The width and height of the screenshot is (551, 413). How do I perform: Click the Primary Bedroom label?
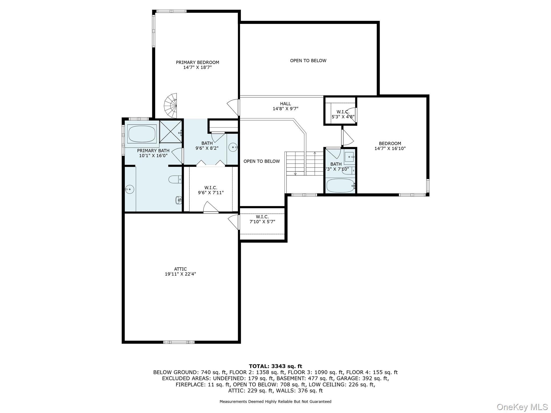[197, 65]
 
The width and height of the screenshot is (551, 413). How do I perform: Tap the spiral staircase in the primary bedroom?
[171, 106]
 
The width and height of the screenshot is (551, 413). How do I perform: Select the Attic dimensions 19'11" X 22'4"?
[180, 274]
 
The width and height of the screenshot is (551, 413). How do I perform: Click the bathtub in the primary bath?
[142, 134]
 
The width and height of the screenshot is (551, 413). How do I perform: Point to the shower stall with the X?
[171, 131]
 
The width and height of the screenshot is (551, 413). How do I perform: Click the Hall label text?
[285, 104]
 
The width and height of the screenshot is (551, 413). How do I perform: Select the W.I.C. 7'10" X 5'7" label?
[262, 219]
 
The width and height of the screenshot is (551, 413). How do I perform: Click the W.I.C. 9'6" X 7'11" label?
[211, 190]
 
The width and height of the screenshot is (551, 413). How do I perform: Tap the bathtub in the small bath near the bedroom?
[340, 186]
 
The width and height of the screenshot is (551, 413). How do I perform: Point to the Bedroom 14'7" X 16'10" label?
[390, 146]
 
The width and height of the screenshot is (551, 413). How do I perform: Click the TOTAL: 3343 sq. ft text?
[275, 366]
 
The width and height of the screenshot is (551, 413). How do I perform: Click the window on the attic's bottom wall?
[179, 342]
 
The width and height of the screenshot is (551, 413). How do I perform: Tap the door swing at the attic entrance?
[234, 222]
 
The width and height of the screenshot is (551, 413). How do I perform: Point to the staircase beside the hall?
[304, 163]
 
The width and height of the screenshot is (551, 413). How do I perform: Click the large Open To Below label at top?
[308, 61]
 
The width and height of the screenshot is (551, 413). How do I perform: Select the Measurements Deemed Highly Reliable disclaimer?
[275, 401]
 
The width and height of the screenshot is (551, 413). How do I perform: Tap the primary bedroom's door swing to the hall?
[233, 107]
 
